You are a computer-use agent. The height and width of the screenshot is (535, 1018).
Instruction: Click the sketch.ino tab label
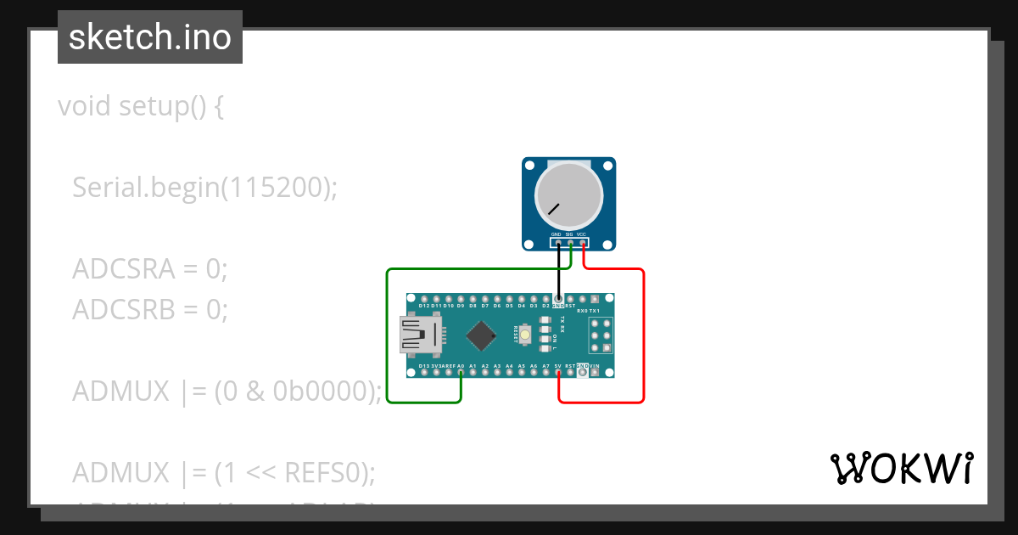(150, 37)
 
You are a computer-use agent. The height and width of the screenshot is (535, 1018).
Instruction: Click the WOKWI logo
(901, 468)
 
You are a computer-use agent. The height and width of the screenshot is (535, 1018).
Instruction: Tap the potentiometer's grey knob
(568, 194)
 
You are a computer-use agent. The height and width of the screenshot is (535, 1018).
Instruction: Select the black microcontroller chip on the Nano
(482, 335)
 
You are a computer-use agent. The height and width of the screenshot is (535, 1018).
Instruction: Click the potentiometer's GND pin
(558, 244)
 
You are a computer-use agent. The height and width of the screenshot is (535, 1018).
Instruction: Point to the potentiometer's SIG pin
(570, 244)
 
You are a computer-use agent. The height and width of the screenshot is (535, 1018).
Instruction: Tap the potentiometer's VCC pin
(583, 244)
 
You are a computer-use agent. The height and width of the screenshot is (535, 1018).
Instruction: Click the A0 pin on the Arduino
(461, 372)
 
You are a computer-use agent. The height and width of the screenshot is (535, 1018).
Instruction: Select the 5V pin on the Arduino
(558, 372)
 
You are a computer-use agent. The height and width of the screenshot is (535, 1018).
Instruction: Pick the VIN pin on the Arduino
(595, 372)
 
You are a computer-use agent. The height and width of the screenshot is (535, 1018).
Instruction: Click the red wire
(644, 340)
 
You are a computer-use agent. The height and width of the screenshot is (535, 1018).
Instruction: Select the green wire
(388, 340)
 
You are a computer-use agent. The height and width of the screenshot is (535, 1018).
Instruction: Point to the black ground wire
(558, 272)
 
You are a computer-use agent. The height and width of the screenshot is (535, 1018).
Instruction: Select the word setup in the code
(149, 107)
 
